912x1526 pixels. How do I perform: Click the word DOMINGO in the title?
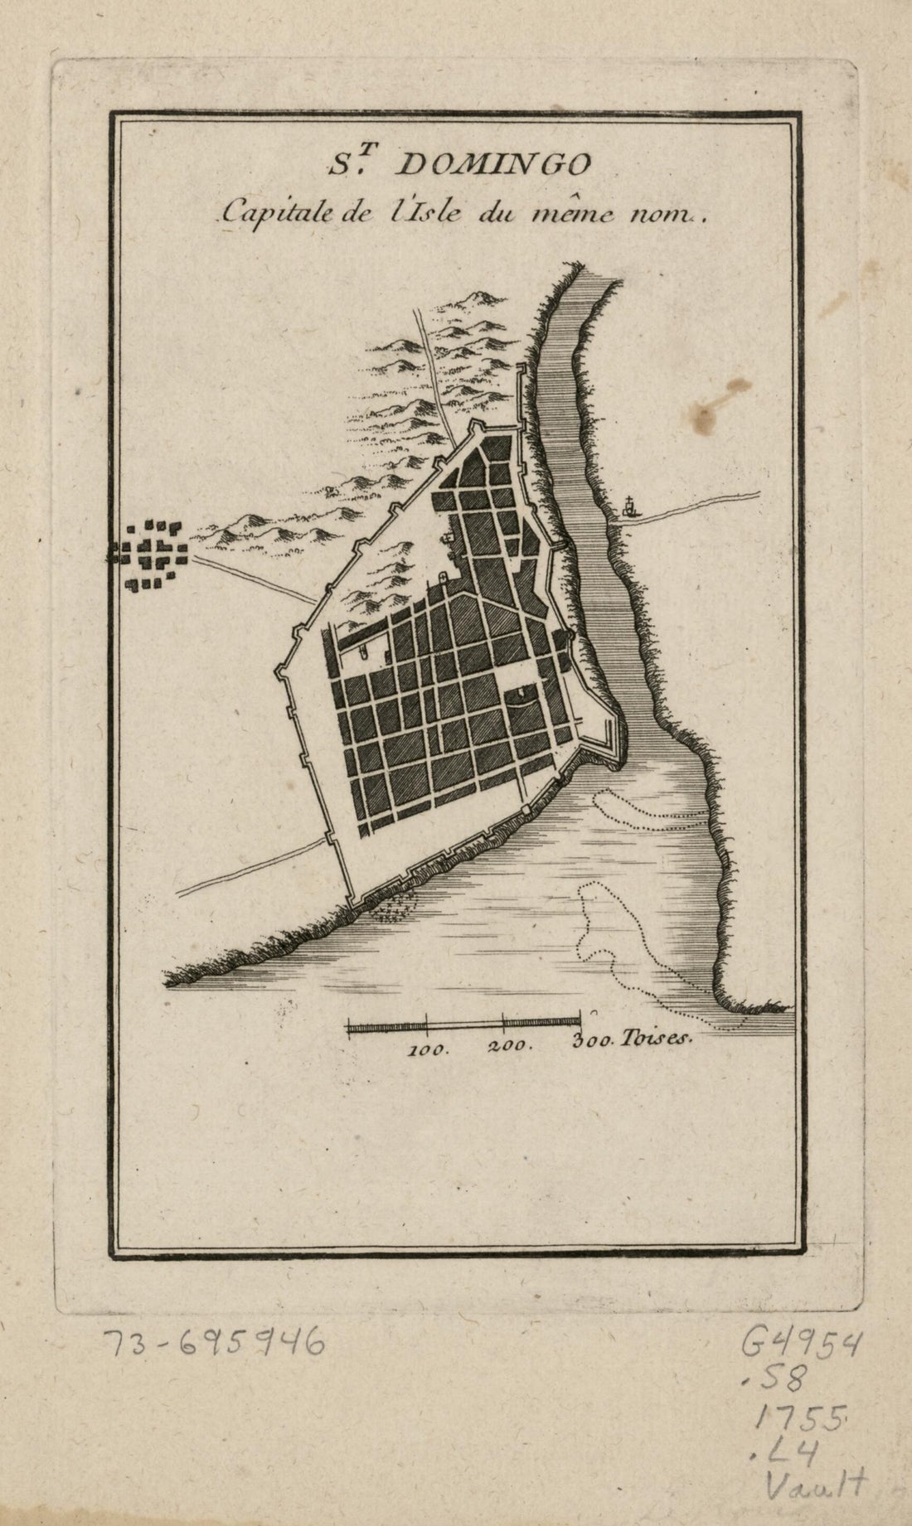[x=496, y=166]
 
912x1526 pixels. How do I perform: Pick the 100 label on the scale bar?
[x=429, y=1047]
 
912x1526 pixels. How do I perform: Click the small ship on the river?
[x=631, y=506]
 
